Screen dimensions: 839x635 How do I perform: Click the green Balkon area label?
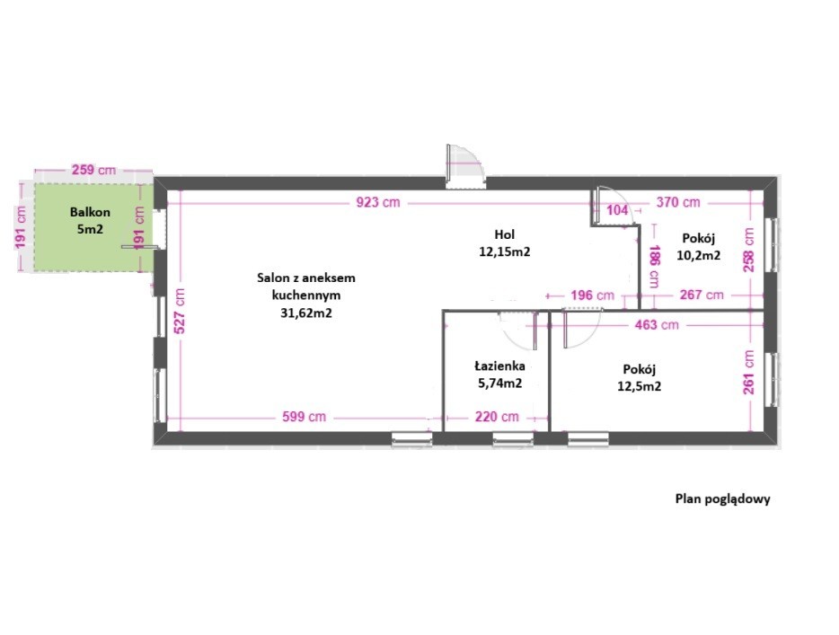tap(90, 220)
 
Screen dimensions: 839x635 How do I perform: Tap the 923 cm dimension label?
tap(378, 202)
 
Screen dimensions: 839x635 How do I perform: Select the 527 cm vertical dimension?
tap(180, 311)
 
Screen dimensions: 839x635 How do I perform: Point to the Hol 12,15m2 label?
tap(505, 243)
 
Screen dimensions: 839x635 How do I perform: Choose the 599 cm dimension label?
tap(304, 416)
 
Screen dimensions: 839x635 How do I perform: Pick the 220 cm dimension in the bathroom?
tap(497, 416)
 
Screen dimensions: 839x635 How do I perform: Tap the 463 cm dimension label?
tap(657, 324)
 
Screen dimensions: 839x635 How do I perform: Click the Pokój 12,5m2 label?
tap(640, 378)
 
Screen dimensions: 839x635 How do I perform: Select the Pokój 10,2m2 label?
tap(698, 247)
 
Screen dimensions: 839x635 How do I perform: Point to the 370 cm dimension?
tap(678, 202)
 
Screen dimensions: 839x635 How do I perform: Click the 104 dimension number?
tap(617, 209)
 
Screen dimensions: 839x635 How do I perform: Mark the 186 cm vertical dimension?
tap(654, 267)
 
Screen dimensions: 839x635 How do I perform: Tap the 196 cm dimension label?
tap(592, 295)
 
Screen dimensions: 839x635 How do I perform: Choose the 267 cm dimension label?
tap(702, 295)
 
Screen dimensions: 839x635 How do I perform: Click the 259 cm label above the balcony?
tap(93, 170)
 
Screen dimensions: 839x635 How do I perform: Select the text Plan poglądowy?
tap(723, 499)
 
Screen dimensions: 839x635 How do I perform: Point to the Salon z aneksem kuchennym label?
tap(306, 295)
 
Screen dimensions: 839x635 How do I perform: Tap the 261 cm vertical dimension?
tap(748, 373)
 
